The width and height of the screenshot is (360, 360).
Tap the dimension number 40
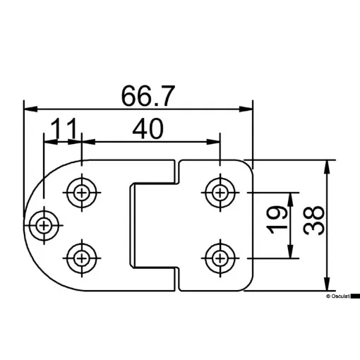(148, 128)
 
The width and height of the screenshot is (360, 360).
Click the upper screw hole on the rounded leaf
(83, 191)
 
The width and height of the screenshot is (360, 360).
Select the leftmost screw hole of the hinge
(44, 225)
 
